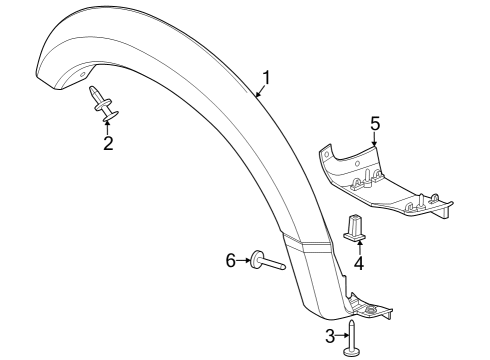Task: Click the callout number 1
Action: (x=266, y=78)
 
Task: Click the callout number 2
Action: (x=108, y=143)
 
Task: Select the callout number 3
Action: (x=331, y=336)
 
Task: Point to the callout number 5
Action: (x=375, y=124)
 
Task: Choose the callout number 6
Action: (x=229, y=260)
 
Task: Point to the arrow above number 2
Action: (x=108, y=125)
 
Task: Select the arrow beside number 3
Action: (x=343, y=336)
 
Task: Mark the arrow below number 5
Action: (x=376, y=141)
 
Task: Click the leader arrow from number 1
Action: (x=259, y=91)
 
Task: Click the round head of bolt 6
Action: (x=255, y=260)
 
